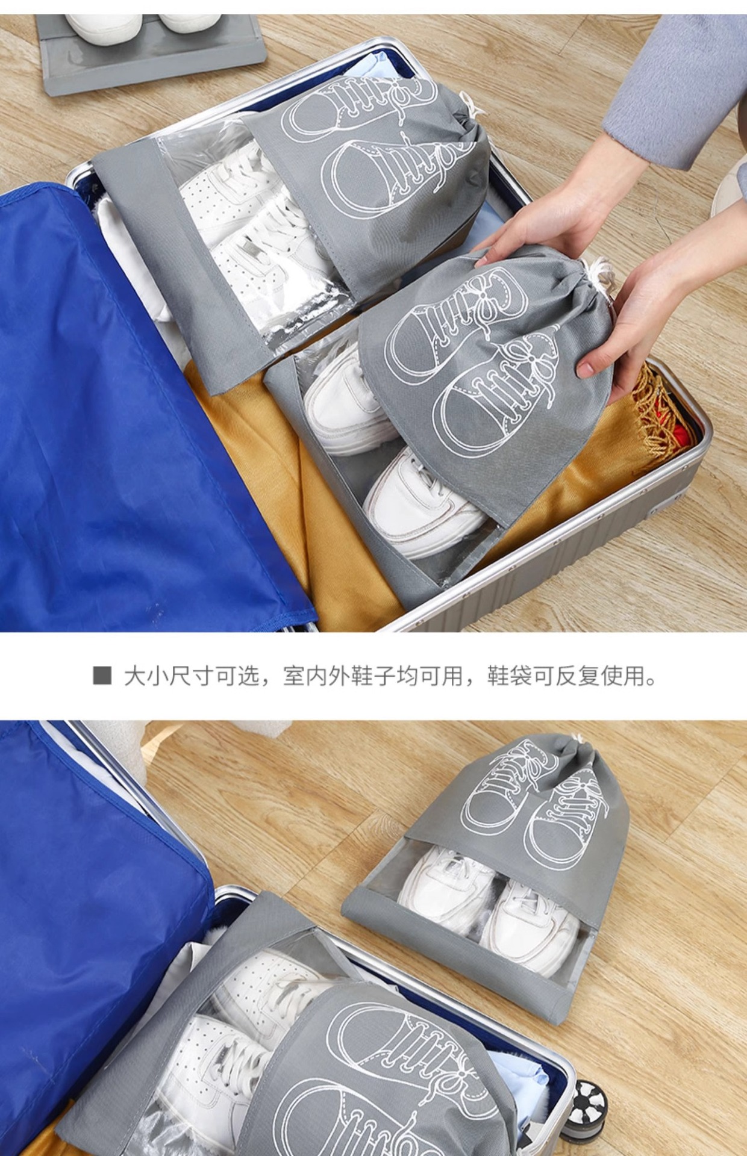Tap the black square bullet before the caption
point(102,676)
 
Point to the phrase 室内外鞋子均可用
point(373,677)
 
